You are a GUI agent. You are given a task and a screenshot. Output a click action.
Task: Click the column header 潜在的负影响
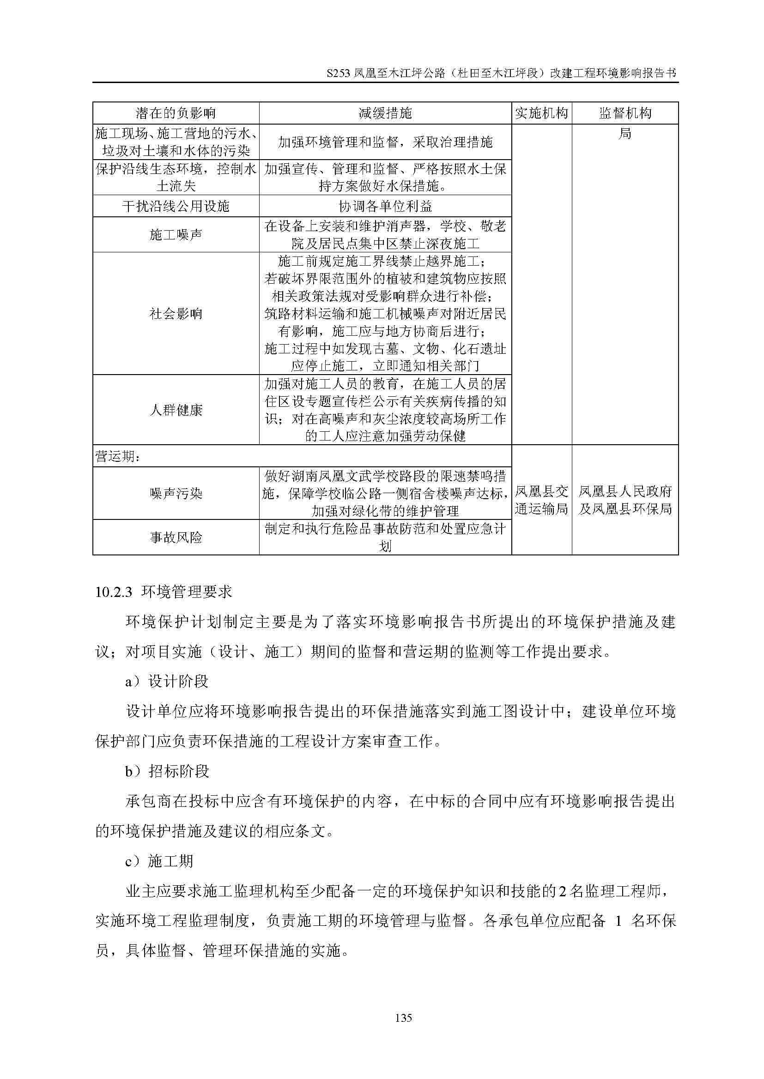[176, 113]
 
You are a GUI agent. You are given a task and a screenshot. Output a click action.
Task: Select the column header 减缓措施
[385, 113]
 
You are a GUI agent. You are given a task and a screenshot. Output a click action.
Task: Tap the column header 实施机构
[541, 113]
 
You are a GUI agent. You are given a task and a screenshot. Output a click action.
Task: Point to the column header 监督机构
[625, 113]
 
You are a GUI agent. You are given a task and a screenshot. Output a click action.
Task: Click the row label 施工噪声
[176, 234]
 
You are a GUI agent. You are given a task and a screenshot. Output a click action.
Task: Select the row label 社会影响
[176, 313]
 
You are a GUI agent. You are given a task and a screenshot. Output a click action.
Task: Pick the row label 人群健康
[176, 410]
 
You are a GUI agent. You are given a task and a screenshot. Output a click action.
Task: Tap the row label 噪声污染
[176, 494]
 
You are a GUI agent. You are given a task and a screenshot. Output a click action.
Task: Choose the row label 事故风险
[176, 537]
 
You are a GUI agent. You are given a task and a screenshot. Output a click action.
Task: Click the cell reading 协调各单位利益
[385, 206]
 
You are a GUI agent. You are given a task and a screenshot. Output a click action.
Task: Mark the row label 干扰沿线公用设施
[176, 206]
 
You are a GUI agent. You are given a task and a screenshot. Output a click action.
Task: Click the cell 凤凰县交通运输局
[541, 500]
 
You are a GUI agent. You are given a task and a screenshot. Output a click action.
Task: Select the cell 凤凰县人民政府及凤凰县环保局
[625, 500]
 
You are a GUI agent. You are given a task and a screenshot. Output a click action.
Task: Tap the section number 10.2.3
[113, 592]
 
